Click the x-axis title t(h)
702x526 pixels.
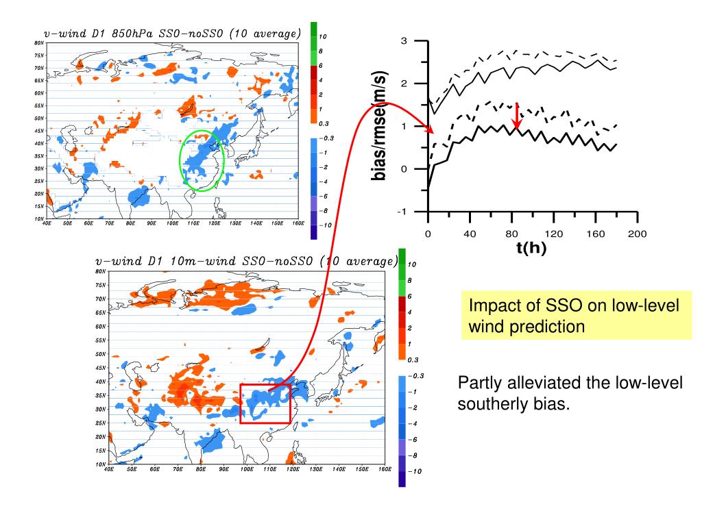tap(531, 248)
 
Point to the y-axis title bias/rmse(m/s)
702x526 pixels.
tap(378, 127)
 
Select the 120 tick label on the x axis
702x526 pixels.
tap(554, 234)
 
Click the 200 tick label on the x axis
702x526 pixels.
tap(638, 234)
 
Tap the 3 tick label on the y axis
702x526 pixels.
tap(404, 41)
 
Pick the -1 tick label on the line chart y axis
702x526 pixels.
tap(402, 212)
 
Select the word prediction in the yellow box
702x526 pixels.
tap(549, 327)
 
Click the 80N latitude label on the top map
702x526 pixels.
tap(38, 42)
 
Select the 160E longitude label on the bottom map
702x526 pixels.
tap(384, 470)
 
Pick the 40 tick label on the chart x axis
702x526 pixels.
tap(470, 234)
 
